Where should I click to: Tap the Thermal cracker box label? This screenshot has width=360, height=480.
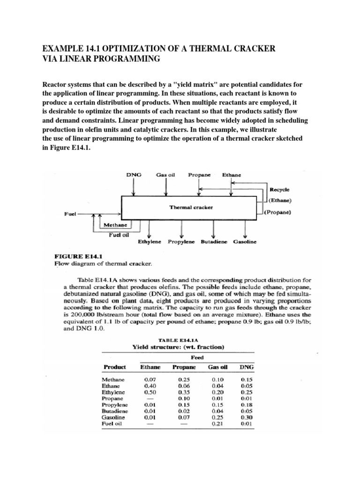point(191,207)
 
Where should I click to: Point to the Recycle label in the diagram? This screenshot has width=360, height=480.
point(280,190)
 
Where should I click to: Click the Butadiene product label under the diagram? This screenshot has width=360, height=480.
point(214,242)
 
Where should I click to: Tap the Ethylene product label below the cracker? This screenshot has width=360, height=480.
point(150,242)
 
